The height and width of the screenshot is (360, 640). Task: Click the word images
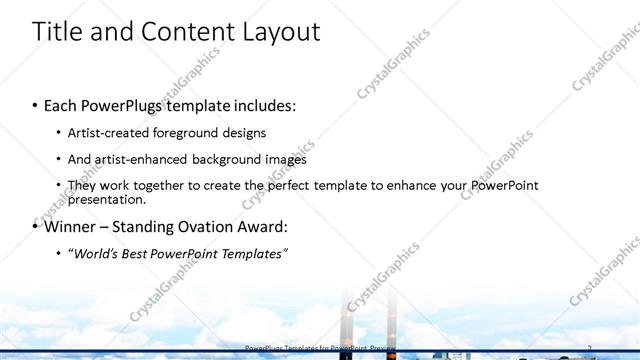pyautogui.click(x=285, y=159)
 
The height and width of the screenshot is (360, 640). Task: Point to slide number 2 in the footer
pyautogui.click(x=590, y=347)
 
